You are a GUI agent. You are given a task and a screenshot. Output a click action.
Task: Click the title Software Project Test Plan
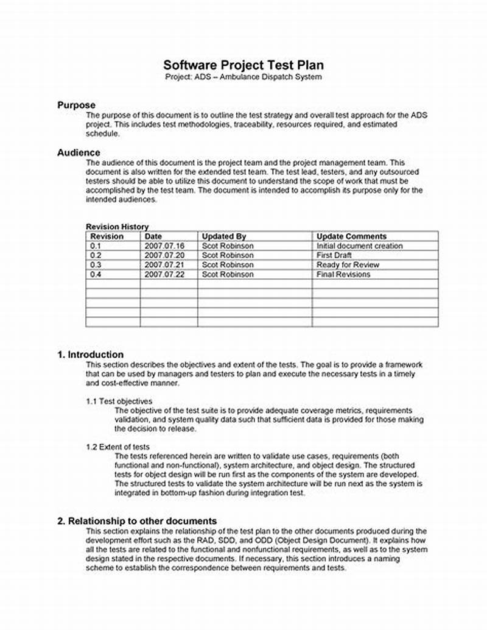[x=243, y=65]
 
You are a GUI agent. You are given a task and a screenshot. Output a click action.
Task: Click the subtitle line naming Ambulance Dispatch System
[x=243, y=77]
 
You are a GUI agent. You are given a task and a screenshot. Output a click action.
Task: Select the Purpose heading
[x=76, y=105]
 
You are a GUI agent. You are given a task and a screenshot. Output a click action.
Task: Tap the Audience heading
[x=79, y=152]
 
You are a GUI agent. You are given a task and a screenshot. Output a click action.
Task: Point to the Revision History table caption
[x=117, y=227]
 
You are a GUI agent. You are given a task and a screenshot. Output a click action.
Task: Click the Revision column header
[x=107, y=236]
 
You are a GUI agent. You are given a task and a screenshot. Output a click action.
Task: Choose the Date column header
[x=153, y=236]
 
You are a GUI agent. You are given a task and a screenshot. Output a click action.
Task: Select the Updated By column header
[x=224, y=236]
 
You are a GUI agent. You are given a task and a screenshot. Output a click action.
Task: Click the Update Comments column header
[x=351, y=236]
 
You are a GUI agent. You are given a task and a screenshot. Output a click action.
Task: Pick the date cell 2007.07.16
[x=164, y=246]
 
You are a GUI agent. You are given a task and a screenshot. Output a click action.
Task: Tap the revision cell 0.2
[x=96, y=255]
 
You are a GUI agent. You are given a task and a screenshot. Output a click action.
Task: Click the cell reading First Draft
[x=334, y=255]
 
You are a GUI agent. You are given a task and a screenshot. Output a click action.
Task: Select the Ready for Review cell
[x=348, y=265]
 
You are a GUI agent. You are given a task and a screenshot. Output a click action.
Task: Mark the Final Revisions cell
[x=343, y=275]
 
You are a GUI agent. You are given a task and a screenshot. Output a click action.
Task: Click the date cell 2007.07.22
[x=164, y=275]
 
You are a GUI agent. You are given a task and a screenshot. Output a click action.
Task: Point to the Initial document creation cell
[x=359, y=246]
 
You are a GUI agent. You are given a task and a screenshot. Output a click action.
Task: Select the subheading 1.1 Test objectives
[x=119, y=401]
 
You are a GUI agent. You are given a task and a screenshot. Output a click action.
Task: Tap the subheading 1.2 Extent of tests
[x=117, y=447]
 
